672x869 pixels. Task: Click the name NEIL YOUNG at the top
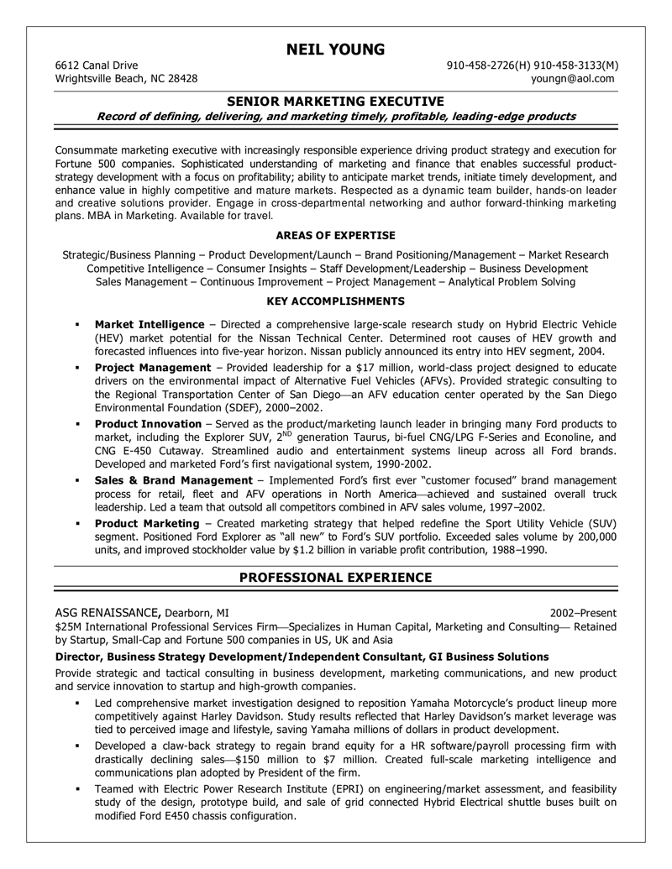[x=336, y=49]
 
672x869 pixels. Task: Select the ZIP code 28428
[x=181, y=79]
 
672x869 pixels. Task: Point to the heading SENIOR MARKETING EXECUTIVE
[x=336, y=101]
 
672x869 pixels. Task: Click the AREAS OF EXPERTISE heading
[x=336, y=235]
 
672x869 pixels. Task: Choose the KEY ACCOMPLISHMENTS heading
[x=336, y=301]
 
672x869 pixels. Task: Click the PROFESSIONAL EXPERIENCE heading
[x=336, y=577]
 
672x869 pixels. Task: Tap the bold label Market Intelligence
[x=150, y=324]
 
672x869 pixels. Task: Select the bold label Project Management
[x=153, y=368]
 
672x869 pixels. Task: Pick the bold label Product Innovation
[x=149, y=424]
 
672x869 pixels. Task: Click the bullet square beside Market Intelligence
[x=76, y=325]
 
